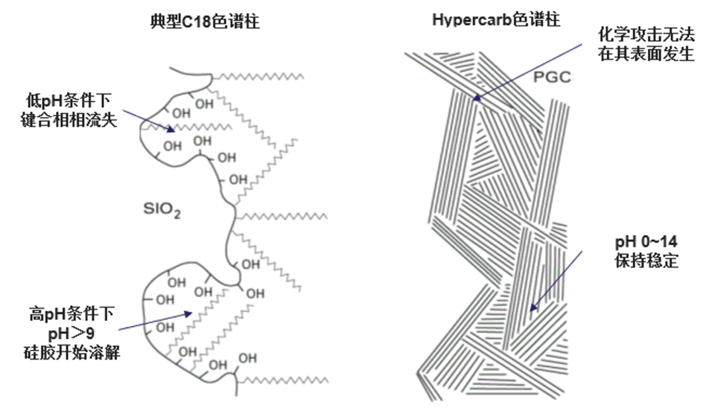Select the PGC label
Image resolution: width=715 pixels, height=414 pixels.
tap(551, 79)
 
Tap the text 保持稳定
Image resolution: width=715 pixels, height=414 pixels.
tap(646, 260)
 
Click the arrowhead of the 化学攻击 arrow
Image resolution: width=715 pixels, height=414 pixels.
tap(474, 101)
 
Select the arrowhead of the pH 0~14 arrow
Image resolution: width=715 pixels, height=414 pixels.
tap(531, 310)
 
